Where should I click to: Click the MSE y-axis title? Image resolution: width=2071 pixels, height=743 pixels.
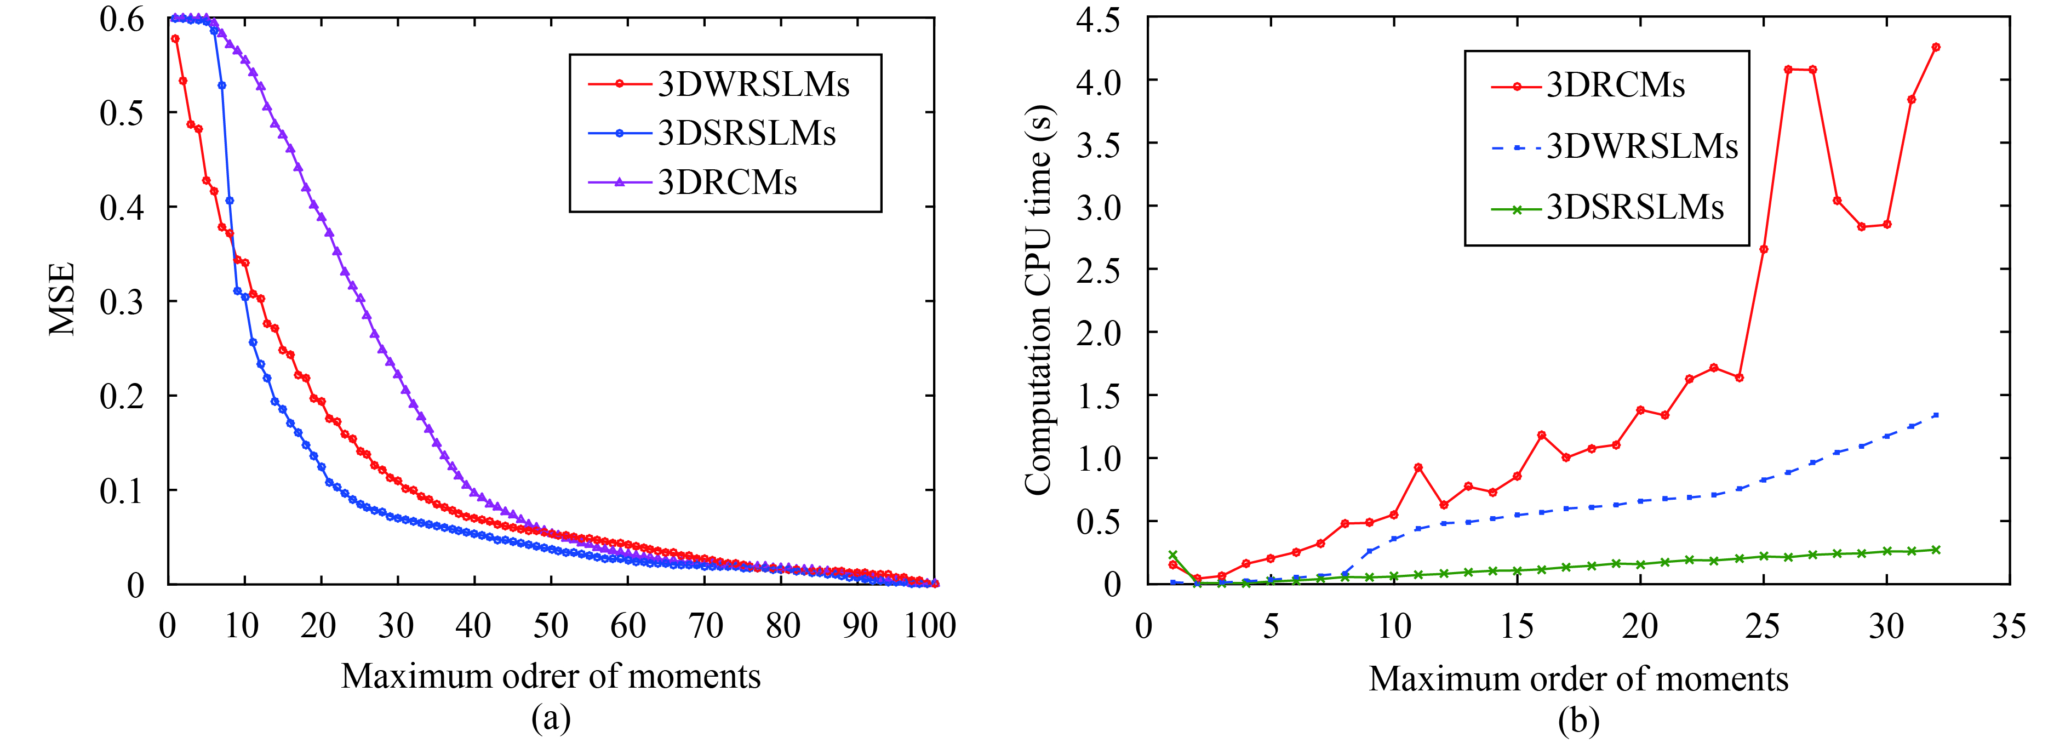pyautogui.click(x=62, y=299)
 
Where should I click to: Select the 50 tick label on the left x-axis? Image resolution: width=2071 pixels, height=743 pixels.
pyautogui.click(x=551, y=626)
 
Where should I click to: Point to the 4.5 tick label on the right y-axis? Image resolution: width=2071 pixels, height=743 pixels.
pyautogui.click(x=1097, y=19)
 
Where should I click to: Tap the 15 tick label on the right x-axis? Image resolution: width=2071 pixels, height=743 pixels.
pyautogui.click(x=1517, y=626)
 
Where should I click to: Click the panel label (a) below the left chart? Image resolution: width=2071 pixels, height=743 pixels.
pyautogui.click(x=551, y=718)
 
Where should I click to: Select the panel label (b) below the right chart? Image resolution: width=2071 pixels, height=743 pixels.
pyautogui.click(x=1577, y=719)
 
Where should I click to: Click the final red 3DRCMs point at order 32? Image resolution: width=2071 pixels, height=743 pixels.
pyautogui.click(x=1935, y=48)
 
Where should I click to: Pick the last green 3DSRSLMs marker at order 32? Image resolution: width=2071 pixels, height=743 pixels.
pyautogui.click(x=1935, y=550)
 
